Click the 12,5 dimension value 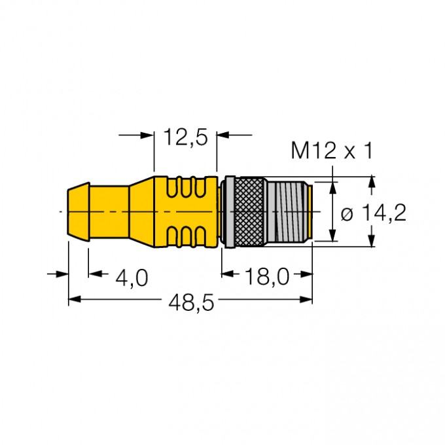(x=185, y=137)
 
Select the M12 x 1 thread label (x=331, y=151)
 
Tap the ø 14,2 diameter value (x=374, y=213)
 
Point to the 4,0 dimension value (x=132, y=277)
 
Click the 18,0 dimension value (x=268, y=277)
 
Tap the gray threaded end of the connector (x=291, y=211)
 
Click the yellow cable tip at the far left (x=78, y=211)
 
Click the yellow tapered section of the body (x=141, y=211)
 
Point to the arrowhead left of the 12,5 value (x=148, y=135)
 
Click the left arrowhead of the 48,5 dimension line (x=74, y=299)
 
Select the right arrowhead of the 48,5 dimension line (x=307, y=299)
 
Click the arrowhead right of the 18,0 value (x=306, y=274)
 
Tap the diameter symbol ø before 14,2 (x=347, y=213)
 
